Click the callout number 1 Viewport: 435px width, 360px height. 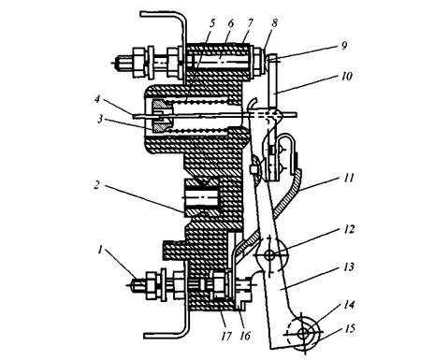pyautogui.click(x=100, y=250)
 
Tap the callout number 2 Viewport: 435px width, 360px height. pyautogui.click(x=97, y=185)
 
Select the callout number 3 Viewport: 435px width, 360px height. pyautogui.click(x=100, y=119)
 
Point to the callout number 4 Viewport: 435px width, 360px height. pyautogui.click(x=97, y=100)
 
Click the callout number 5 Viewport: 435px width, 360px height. pyautogui.click(x=212, y=23)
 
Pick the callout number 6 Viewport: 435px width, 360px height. pyautogui.click(x=231, y=23)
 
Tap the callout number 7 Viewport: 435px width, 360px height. pyautogui.click(x=251, y=23)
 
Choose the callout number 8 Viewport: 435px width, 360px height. pyautogui.click(x=274, y=23)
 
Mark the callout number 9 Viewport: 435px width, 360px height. pyautogui.click(x=343, y=46)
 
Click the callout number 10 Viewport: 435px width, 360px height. pyautogui.click(x=346, y=76)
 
